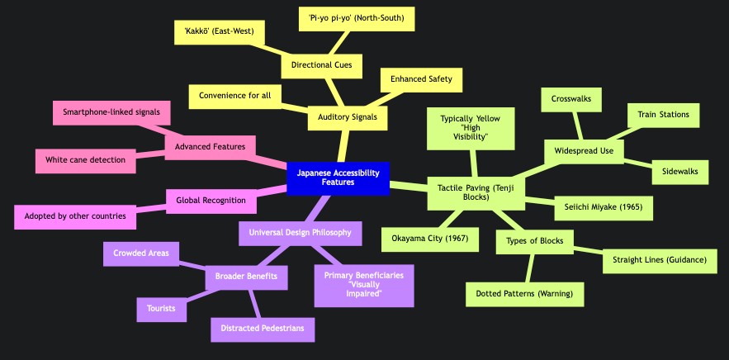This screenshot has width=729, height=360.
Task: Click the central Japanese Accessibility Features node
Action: [338, 178]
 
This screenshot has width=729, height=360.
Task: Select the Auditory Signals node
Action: [347, 117]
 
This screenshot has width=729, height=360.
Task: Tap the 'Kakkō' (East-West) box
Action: [220, 33]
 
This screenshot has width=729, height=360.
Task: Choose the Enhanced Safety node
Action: [421, 79]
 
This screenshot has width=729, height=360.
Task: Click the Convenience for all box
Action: [235, 97]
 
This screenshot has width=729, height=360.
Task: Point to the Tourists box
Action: [160, 309]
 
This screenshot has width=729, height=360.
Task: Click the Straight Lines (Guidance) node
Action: [660, 260]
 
